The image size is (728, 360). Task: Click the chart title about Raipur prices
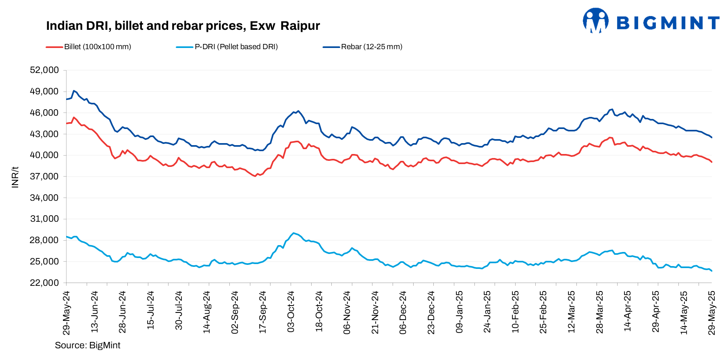point(183,26)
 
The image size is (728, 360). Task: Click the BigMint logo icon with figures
point(595,21)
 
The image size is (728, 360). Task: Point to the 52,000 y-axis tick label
point(44,70)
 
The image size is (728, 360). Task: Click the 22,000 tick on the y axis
point(44,283)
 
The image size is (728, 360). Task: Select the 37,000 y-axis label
point(44,177)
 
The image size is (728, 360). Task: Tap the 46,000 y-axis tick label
point(44,113)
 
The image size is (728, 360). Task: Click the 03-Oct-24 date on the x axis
point(291,312)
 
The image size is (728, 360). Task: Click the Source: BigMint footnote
point(87,345)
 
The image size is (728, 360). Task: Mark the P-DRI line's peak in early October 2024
point(293,233)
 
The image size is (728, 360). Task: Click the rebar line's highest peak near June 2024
point(73,91)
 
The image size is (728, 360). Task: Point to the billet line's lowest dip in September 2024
point(255,176)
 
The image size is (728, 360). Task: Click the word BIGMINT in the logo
point(668,23)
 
